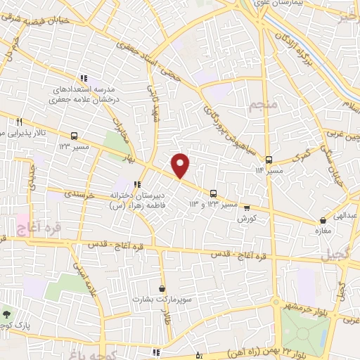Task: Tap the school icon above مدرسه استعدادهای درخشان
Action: click(x=83, y=78)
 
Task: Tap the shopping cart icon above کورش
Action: click(x=246, y=207)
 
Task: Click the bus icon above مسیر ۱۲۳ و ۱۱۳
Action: click(x=212, y=193)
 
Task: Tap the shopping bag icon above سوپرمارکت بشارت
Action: click(x=162, y=288)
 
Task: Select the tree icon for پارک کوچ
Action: click(x=6, y=314)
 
